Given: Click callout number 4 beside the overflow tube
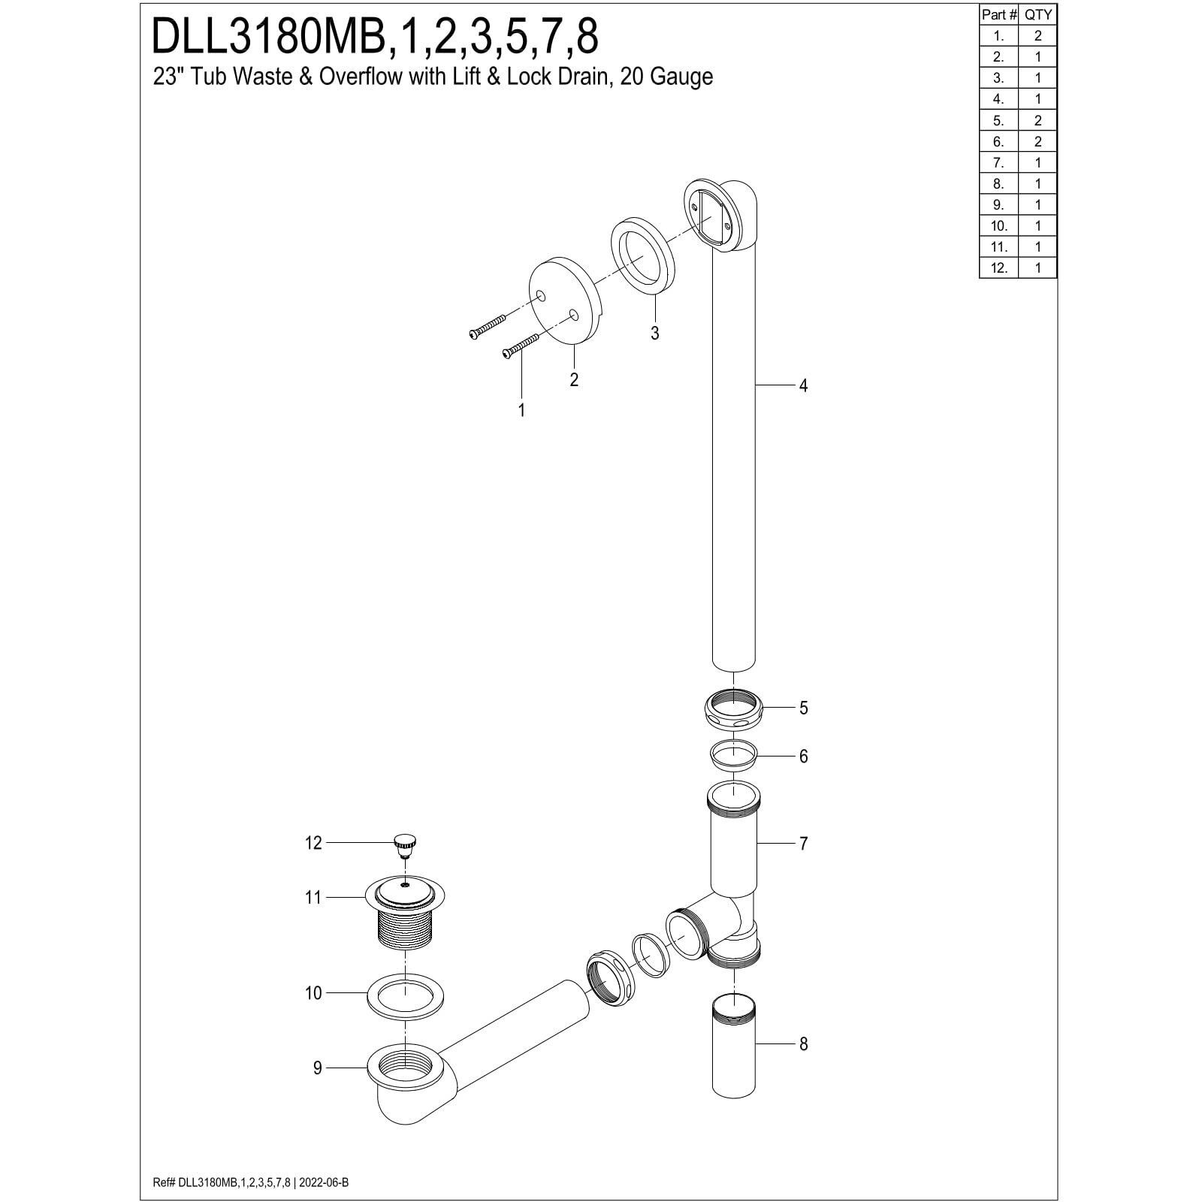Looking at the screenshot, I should click(x=803, y=385).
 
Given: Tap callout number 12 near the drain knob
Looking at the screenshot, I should click(x=313, y=843).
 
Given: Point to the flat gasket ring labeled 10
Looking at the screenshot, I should click(x=406, y=998).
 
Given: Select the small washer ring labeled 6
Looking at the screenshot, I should click(x=733, y=755).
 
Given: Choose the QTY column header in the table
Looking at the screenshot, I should click(x=1037, y=14).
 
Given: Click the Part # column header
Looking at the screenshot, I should click(x=998, y=14).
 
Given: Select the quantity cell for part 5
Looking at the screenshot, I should click(x=1037, y=120).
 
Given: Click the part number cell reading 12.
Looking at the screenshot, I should click(x=998, y=267).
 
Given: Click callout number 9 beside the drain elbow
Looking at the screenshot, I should click(x=317, y=1068).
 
